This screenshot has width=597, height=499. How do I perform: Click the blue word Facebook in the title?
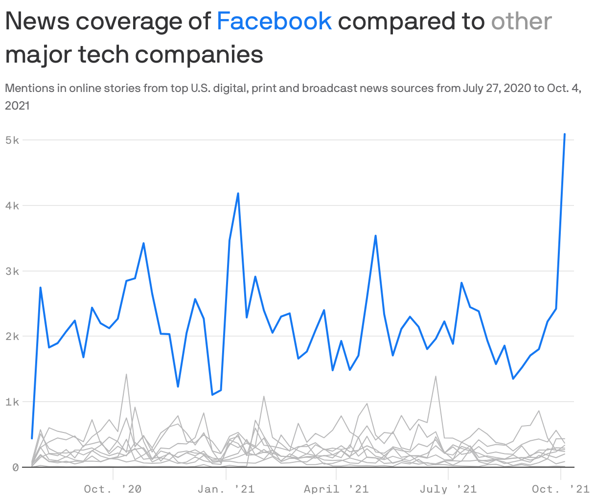[274, 21]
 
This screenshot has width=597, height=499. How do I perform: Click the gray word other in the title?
[521, 21]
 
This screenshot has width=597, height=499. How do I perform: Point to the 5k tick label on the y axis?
[12, 140]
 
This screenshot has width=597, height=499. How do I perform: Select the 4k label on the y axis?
[12, 205]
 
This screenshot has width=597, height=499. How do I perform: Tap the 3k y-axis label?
[12, 271]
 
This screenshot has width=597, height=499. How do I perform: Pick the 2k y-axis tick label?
[12, 337]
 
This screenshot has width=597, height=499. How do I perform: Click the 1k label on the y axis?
[12, 402]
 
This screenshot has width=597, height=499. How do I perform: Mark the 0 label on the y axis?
[15, 467]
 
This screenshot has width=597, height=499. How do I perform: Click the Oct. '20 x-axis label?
[113, 489]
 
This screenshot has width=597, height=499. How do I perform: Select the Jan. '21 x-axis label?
[226, 489]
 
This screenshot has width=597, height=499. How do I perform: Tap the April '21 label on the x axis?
[336, 489]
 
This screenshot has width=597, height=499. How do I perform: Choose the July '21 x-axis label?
[448, 489]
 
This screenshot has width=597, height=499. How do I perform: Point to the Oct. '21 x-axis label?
[561, 489]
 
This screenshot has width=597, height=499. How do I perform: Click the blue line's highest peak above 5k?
[565, 134]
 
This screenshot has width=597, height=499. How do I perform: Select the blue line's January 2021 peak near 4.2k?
[238, 193]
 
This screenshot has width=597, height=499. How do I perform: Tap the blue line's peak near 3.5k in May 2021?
[375, 236]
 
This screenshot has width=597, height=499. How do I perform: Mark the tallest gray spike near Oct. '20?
[126, 375]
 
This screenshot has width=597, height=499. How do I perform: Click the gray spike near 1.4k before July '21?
[436, 377]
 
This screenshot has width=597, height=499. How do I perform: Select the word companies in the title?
[200, 54]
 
